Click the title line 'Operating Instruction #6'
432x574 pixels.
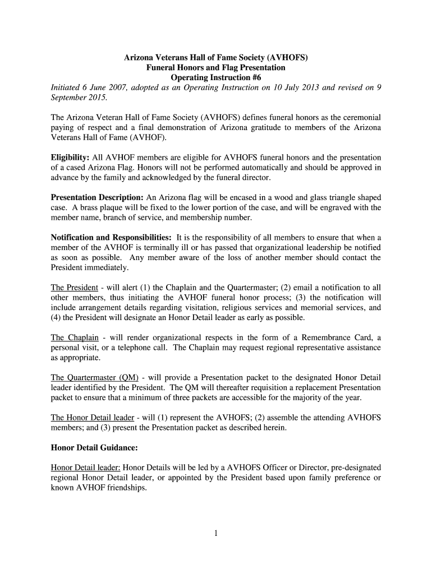click(216, 77)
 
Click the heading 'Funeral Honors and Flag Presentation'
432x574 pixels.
click(216, 67)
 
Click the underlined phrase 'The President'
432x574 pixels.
click(74, 288)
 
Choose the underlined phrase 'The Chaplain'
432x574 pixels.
click(75, 337)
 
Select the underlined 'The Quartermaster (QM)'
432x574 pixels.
click(95, 377)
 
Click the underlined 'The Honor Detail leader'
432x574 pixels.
click(93, 418)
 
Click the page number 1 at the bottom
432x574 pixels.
click(216, 534)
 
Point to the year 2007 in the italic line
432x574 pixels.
click(116, 87)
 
